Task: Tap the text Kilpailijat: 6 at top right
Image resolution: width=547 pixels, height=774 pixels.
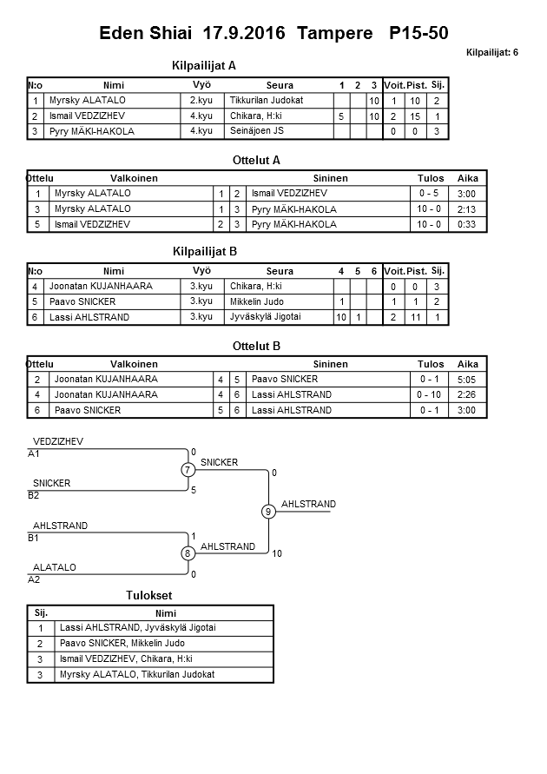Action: click(x=491, y=53)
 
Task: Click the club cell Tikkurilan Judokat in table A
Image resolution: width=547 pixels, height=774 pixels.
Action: click(x=267, y=101)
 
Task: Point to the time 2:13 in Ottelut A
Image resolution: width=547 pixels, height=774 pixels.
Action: click(x=466, y=209)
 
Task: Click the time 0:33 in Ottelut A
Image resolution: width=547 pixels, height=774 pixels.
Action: click(x=466, y=224)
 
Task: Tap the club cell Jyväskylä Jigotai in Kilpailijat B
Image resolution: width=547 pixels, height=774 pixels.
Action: click(x=266, y=317)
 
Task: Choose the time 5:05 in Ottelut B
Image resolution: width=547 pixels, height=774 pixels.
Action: click(x=467, y=380)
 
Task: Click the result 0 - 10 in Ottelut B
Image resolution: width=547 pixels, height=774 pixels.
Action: click(x=430, y=394)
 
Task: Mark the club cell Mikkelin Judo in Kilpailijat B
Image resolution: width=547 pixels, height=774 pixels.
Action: click(x=258, y=301)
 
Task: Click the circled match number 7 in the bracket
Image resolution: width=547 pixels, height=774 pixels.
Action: click(x=188, y=470)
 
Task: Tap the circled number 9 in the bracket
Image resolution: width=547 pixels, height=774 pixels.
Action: click(x=268, y=512)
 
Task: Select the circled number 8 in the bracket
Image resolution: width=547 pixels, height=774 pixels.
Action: click(x=188, y=553)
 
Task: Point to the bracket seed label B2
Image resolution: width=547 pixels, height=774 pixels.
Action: click(x=34, y=496)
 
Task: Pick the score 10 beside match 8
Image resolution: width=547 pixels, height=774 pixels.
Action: click(x=277, y=553)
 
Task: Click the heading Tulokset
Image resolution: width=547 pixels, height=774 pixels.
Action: click(x=149, y=595)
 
